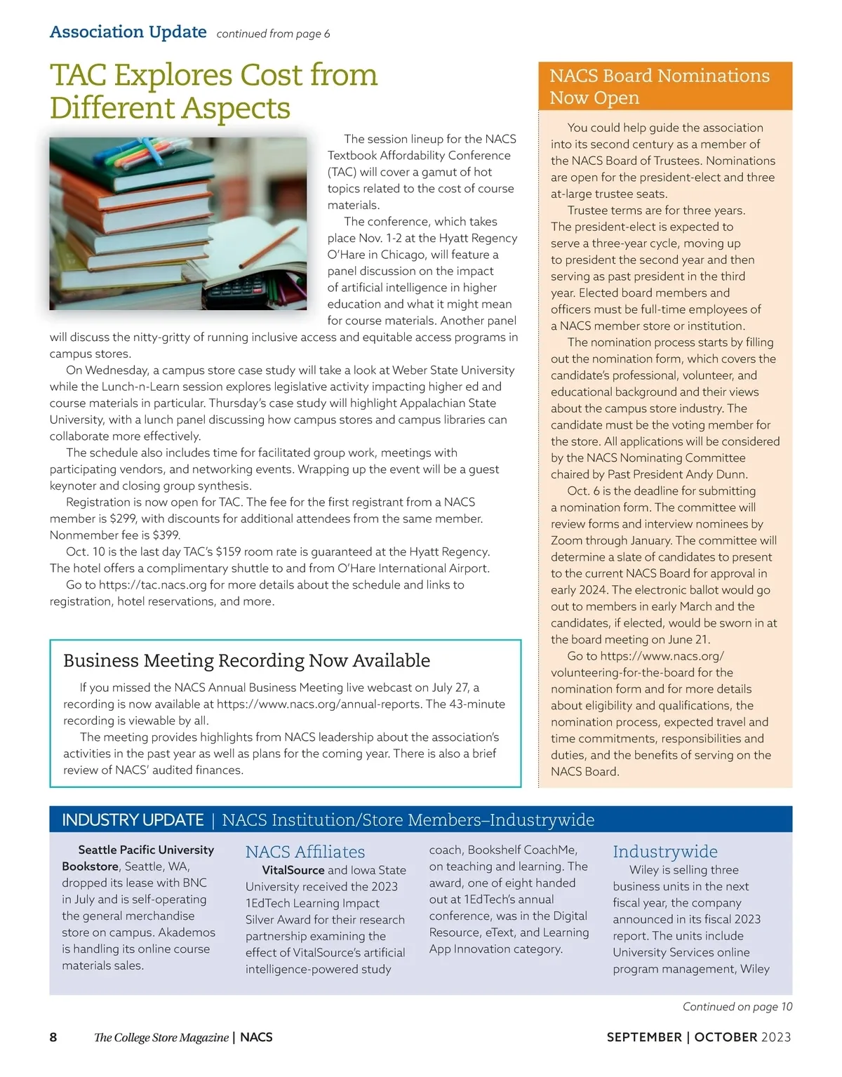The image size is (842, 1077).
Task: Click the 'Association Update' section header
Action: click(x=128, y=32)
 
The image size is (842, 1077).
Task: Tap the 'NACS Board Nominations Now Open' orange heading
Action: click(x=660, y=86)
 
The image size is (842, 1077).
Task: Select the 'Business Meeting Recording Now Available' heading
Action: click(x=246, y=661)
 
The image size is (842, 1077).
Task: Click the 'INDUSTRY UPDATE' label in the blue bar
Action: click(x=133, y=820)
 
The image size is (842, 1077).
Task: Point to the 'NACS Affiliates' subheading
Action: click(x=305, y=852)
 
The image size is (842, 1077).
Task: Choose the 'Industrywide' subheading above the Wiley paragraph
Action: click(x=664, y=852)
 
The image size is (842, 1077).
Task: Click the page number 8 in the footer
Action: click(x=53, y=1037)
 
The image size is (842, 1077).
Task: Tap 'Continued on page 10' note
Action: click(x=737, y=1007)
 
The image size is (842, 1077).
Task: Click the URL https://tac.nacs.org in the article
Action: click(x=152, y=585)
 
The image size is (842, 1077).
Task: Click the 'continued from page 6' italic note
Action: click(x=273, y=34)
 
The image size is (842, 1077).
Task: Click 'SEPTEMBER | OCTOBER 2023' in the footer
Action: click(x=698, y=1037)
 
